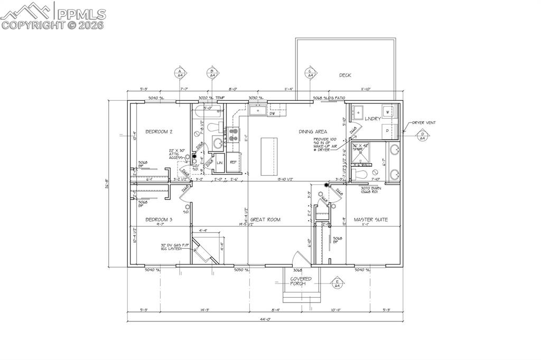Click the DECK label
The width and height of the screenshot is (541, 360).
(x=345, y=75)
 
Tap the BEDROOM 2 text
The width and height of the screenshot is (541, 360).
(x=160, y=131)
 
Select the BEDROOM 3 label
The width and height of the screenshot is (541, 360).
(x=159, y=219)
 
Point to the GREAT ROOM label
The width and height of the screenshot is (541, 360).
(x=265, y=219)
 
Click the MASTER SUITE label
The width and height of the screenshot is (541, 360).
(x=370, y=219)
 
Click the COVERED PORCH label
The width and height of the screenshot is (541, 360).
(x=301, y=281)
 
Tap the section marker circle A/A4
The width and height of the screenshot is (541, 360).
(x=180, y=73)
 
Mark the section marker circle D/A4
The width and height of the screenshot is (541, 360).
(x=422, y=136)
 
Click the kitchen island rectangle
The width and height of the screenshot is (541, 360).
(x=269, y=157)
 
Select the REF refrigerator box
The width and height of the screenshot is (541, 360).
(x=233, y=163)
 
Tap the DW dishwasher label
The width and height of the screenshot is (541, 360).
(x=272, y=114)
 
